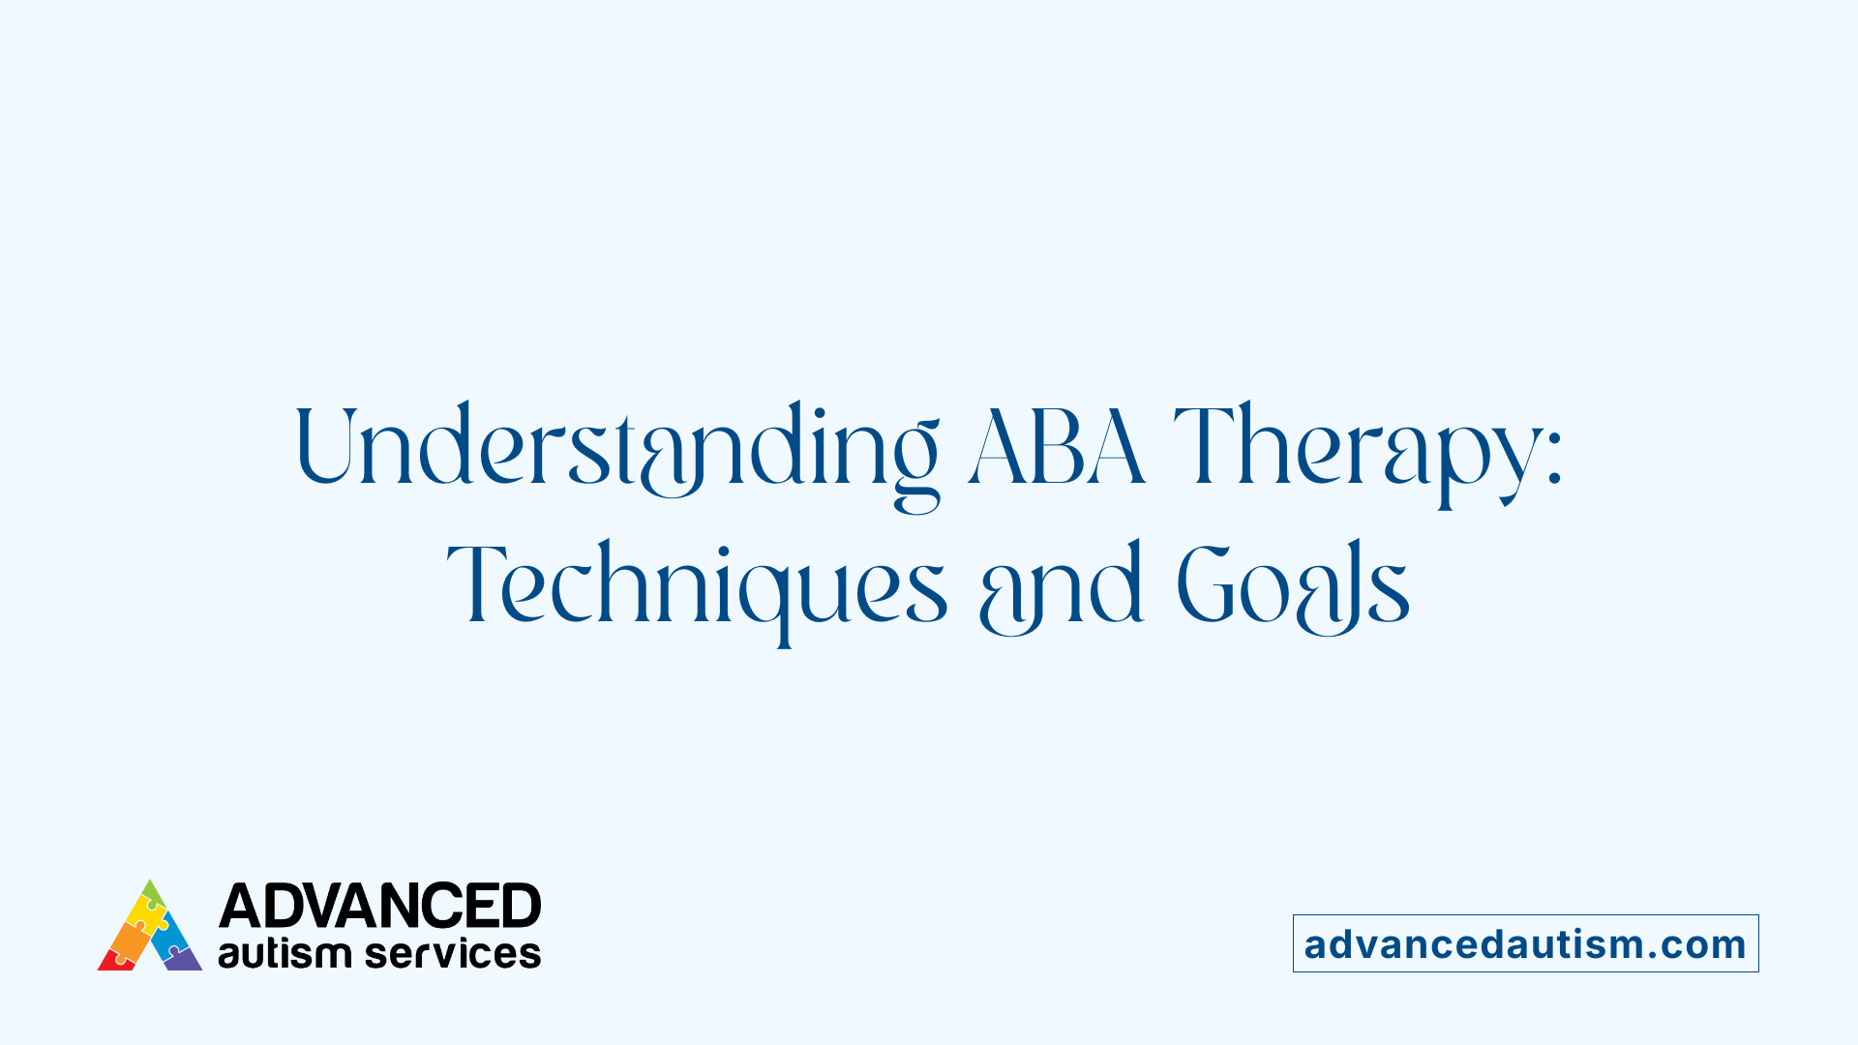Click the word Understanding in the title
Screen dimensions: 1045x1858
616,447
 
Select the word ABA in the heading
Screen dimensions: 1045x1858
1057,447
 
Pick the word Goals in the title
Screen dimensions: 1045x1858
1293,585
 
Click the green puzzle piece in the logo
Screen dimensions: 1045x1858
152,892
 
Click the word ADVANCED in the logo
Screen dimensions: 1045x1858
379,907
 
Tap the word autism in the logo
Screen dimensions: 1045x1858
285,954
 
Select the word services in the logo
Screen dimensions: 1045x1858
453,954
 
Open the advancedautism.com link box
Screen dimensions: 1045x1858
1525,943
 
